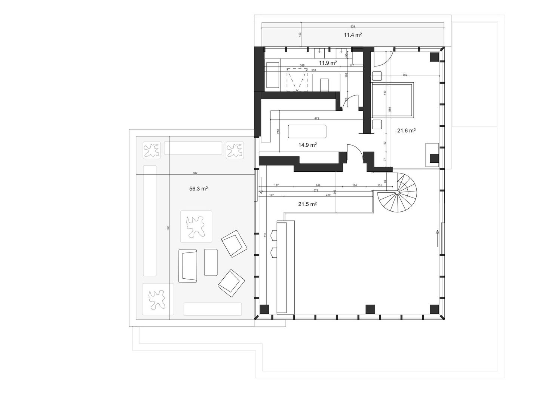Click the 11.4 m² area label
(x=352, y=35)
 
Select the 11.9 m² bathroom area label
(x=328, y=62)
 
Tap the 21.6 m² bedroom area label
(x=406, y=131)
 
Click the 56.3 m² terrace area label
(x=198, y=189)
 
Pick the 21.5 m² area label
(x=307, y=204)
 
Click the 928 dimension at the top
(x=352, y=27)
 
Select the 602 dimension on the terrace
(x=195, y=173)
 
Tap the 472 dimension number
(x=316, y=119)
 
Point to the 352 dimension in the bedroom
(x=405, y=75)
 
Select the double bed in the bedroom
(x=393, y=100)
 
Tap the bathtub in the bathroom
(x=272, y=76)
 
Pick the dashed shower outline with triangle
(x=297, y=80)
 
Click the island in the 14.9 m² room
(x=307, y=132)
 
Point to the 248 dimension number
(x=318, y=186)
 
